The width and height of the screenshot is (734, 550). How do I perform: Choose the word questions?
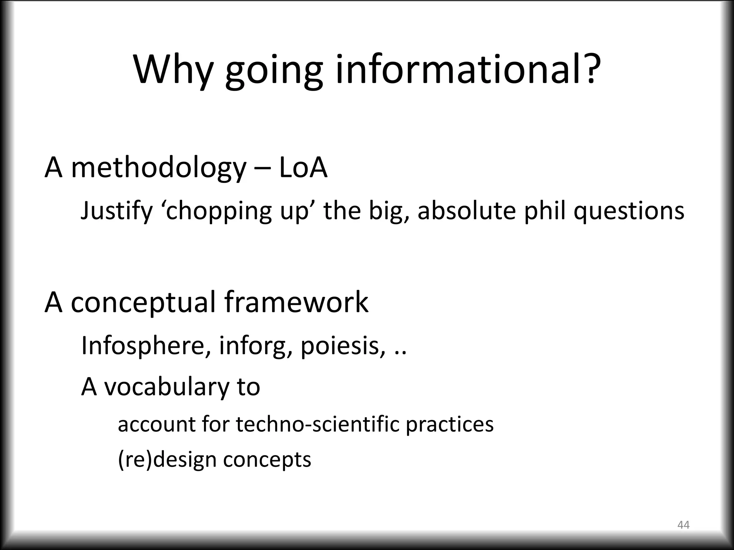click(629, 211)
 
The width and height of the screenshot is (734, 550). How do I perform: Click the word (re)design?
click(167, 460)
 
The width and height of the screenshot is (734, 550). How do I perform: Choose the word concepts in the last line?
click(267, 460)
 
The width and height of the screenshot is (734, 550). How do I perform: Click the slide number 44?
click(683, 525)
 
